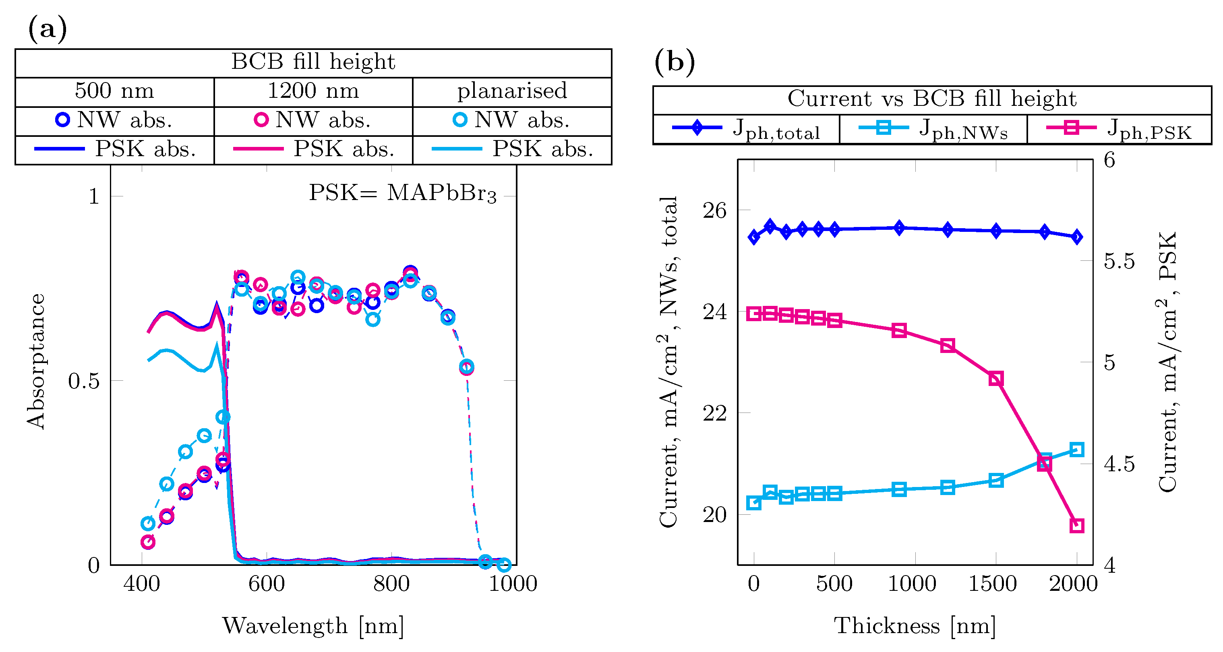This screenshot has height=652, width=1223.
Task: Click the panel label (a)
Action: pyautogui.click(x=48, y=29)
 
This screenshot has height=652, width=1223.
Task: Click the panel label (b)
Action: pyautogui.click(x=674, y=62)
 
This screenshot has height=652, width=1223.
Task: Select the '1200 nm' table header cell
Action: pyautogui.click(x=313, y=91)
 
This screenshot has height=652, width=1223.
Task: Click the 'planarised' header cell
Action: pyautogui.click(x=512, y=91)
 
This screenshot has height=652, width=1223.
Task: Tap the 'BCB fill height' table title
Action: pyautogui.click(x=313, y=62)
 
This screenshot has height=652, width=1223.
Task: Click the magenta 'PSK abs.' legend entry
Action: pyautogui.click(x=313, y=149)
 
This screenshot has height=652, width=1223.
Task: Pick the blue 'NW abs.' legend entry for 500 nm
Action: pyautogui.click(x=114, y=120)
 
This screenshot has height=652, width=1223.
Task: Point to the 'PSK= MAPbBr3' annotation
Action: pyautogui.click(x=403, y=193)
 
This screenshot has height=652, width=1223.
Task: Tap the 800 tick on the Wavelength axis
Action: pyautogui.click(x=391, y=584)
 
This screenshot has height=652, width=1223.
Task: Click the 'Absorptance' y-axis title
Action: pyautogui.click(x=35, y=361)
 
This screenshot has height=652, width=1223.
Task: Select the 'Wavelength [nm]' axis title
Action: pyautogui.click(x=313, y=626)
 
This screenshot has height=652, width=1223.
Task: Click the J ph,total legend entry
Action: pyautogui.click(x=746, y=129)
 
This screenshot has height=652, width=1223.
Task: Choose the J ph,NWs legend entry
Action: pyautogui.click(x=933, y=129)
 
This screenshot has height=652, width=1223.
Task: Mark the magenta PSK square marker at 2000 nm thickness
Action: pyautogui.click(x=1077, y=526)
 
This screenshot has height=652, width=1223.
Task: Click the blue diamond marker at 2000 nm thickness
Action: pyautogui.click(x=1077, y=237)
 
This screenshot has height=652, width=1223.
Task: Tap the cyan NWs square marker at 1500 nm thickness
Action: pyautogui.click(x=996, y=480)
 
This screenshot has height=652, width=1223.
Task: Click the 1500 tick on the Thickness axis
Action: pyautogui.click(x=993, y=584)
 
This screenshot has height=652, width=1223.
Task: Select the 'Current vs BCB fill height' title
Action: pyautogui.click(x=931, y=99)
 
